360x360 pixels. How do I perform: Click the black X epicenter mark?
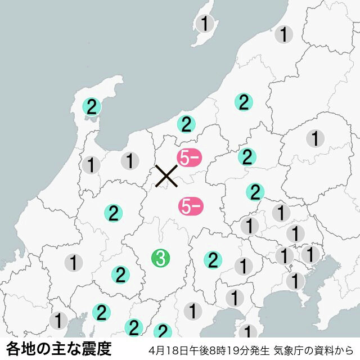pos(166,175)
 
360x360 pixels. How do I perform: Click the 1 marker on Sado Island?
pos(205,24)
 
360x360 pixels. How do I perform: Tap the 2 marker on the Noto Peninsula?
pos(91,106)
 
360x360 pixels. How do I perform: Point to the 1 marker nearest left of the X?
pos(130,161)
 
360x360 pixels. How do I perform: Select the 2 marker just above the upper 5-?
pos(186,124)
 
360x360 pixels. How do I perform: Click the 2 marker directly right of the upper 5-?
pos(246,156)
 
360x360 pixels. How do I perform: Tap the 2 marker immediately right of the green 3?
pos(213,260)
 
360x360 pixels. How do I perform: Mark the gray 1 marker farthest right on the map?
pos(316,137)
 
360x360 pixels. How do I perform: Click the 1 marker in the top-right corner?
pos(284,34)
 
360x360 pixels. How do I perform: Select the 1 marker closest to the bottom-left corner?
pos(58,321)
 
